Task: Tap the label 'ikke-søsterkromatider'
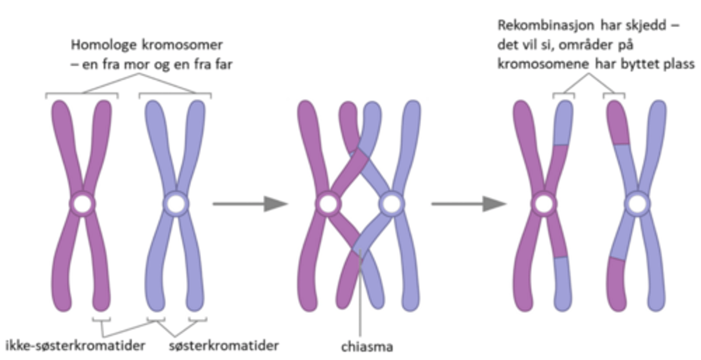[x=75, y=346]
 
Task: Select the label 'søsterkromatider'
[x=224, y=346]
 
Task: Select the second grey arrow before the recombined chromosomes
[x=469, y=204]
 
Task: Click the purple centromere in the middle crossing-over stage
[x=328, y=205]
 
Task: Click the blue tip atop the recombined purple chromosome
[x=564, y=122]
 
